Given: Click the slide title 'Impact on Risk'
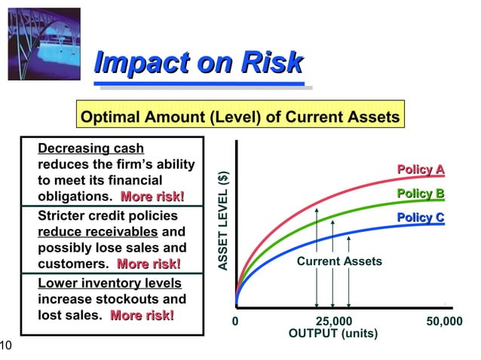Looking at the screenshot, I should point(198,63).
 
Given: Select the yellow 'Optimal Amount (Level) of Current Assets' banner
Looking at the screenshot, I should point(239,118).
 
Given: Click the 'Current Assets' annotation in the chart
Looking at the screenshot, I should point(339,261).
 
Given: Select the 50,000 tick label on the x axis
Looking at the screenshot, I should point(444,322).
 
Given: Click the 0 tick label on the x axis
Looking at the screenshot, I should point(235,322).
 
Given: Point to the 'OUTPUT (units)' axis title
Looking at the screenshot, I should point(333,334).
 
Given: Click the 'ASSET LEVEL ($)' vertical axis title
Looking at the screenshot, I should point(222,220).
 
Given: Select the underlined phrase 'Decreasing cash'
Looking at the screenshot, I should point(90,148).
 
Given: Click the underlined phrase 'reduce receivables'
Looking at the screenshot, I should point(97,231).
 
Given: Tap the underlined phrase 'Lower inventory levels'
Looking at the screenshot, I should point(109,283).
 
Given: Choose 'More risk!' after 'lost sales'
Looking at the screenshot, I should point(142,316).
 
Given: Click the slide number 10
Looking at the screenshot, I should point(5,346).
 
